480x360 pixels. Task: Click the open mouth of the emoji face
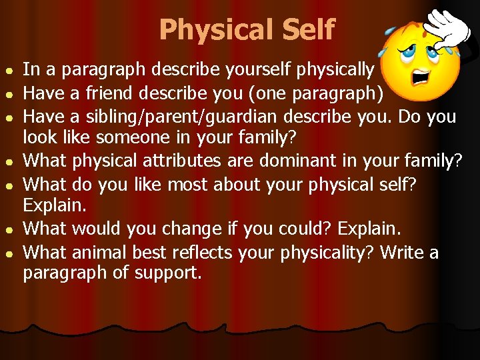pyautogui.click(x=419, y=74)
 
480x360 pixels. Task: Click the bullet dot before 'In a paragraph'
pyautogui.click(x=8, y=70)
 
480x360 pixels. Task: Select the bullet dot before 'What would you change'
pyautogui.click(x=8, y=230)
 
